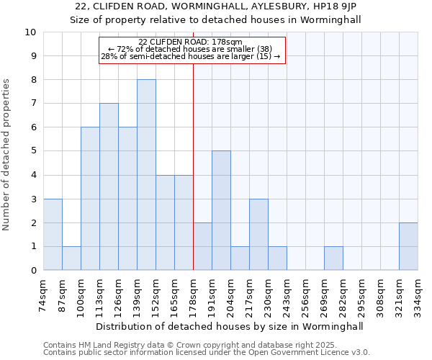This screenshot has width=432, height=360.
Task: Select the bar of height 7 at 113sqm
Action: (109, 186)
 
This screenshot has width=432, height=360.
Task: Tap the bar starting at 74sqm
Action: (53, 235)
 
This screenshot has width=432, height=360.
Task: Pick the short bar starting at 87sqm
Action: (71, 258)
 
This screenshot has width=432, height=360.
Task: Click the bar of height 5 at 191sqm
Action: (221, 210)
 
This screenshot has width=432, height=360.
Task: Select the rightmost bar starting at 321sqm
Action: (408, 246)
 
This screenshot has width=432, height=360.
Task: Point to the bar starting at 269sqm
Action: (333, 258)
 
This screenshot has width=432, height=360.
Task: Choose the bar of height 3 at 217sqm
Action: (258, 235)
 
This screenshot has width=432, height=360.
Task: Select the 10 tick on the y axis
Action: (30, 32)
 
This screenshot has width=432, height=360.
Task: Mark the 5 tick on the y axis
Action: (33, 151)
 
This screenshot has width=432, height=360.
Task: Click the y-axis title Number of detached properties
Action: (6, 155)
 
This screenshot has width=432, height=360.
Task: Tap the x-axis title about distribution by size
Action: (230, 325)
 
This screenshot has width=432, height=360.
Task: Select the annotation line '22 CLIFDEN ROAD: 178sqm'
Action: (190, 42)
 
